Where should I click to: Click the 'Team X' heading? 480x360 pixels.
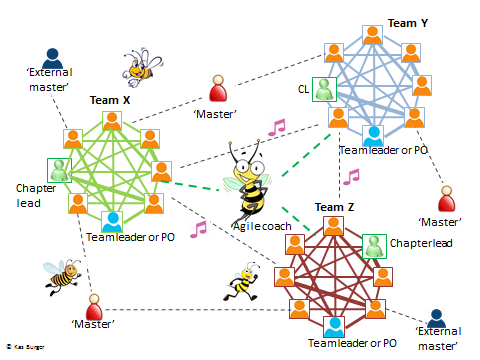point(110,101)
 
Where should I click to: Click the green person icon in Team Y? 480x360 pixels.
point(324,90)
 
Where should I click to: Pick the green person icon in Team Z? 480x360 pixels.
point(373,244)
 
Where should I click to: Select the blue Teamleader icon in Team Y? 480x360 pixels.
point(372,134)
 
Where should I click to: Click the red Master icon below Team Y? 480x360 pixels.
point(447,199)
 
